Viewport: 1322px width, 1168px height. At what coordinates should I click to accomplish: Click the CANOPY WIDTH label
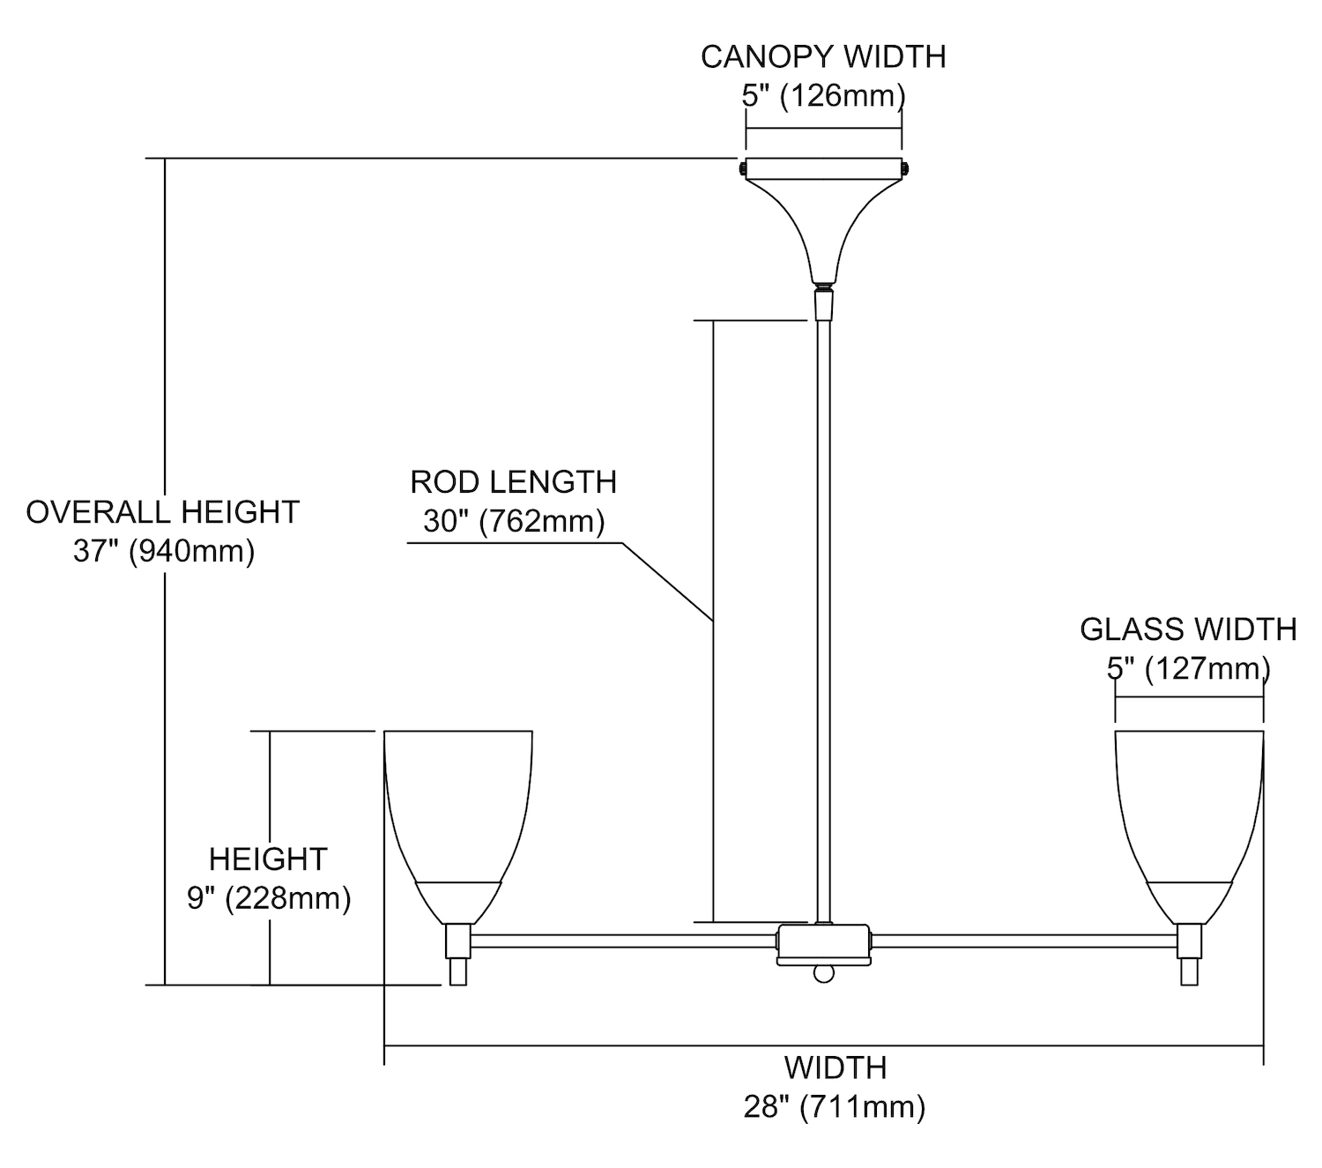tap(823, 56)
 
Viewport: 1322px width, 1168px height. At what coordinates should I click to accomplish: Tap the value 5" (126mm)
tap(823, 94)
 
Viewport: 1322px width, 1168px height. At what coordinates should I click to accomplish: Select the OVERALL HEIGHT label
tap(163, 512)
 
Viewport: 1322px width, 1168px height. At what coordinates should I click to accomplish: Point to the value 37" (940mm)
tap(164, 552)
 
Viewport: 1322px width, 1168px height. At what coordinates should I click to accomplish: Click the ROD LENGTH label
tap(514, 482)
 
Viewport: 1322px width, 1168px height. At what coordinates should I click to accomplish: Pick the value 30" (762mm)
tap(514, 521)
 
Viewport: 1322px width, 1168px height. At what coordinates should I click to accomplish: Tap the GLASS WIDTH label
tap(1188, 629)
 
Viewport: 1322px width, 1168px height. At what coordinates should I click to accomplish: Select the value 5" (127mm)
tap(1188, 668)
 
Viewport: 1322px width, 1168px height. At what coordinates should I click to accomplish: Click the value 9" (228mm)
tap(269, 898)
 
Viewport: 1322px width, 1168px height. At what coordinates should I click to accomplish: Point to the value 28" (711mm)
tap(835, 1106)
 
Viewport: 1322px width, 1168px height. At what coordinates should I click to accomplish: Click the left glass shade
tap(458, 811)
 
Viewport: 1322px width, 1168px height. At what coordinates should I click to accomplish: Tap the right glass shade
tap(1189, 811)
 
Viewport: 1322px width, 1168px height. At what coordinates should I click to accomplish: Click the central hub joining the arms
tap(823, 943)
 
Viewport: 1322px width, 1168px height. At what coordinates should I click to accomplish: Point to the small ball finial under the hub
tap(823, 973)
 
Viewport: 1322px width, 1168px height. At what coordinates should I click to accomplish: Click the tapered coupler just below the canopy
tap(823, 305)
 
